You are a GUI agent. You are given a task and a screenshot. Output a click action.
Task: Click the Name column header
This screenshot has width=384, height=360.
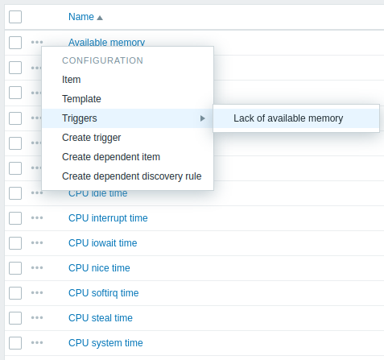click(81, 17)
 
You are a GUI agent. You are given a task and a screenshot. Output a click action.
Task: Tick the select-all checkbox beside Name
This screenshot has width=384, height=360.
click(15, 17)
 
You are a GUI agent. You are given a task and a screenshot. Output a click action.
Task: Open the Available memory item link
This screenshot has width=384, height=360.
click(106, 42)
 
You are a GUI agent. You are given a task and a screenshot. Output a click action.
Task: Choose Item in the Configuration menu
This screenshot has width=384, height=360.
click(71, 80)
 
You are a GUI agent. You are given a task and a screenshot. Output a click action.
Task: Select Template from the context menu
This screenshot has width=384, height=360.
click(81, 99)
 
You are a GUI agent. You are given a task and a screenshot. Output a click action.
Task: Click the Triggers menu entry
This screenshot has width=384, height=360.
click(80, 118)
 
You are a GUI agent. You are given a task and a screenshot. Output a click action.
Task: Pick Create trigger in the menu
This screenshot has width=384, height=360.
click(91, 138)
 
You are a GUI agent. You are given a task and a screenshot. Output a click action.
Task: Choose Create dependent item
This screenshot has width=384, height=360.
click(111, 157)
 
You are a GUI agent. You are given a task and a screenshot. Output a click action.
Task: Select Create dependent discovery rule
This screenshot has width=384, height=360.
click(131, 176)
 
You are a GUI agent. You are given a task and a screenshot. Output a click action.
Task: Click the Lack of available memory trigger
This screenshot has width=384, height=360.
click(288, 118)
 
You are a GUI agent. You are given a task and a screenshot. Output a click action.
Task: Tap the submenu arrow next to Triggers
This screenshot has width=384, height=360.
click(203, 118)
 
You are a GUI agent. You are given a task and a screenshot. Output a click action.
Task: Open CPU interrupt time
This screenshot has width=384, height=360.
click(108, 218)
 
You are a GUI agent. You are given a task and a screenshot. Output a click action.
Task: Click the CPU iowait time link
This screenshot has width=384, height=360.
click(102, 243)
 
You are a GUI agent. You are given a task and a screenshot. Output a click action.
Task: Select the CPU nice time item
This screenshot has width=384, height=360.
click(99, 268)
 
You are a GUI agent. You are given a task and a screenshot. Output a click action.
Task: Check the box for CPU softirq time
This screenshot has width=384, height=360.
click(15, 293)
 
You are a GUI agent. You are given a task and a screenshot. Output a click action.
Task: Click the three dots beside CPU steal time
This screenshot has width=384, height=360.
click(37, 318)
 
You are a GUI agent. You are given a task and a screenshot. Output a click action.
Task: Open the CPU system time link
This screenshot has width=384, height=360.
click(105, 343)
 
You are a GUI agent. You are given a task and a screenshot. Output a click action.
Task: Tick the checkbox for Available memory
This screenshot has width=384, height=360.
click(15, 43)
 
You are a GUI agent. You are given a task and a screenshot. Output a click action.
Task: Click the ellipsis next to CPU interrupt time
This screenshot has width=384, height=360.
click(37, 217)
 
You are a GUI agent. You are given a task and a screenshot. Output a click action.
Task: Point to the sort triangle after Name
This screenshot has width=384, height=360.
click(100, 18)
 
